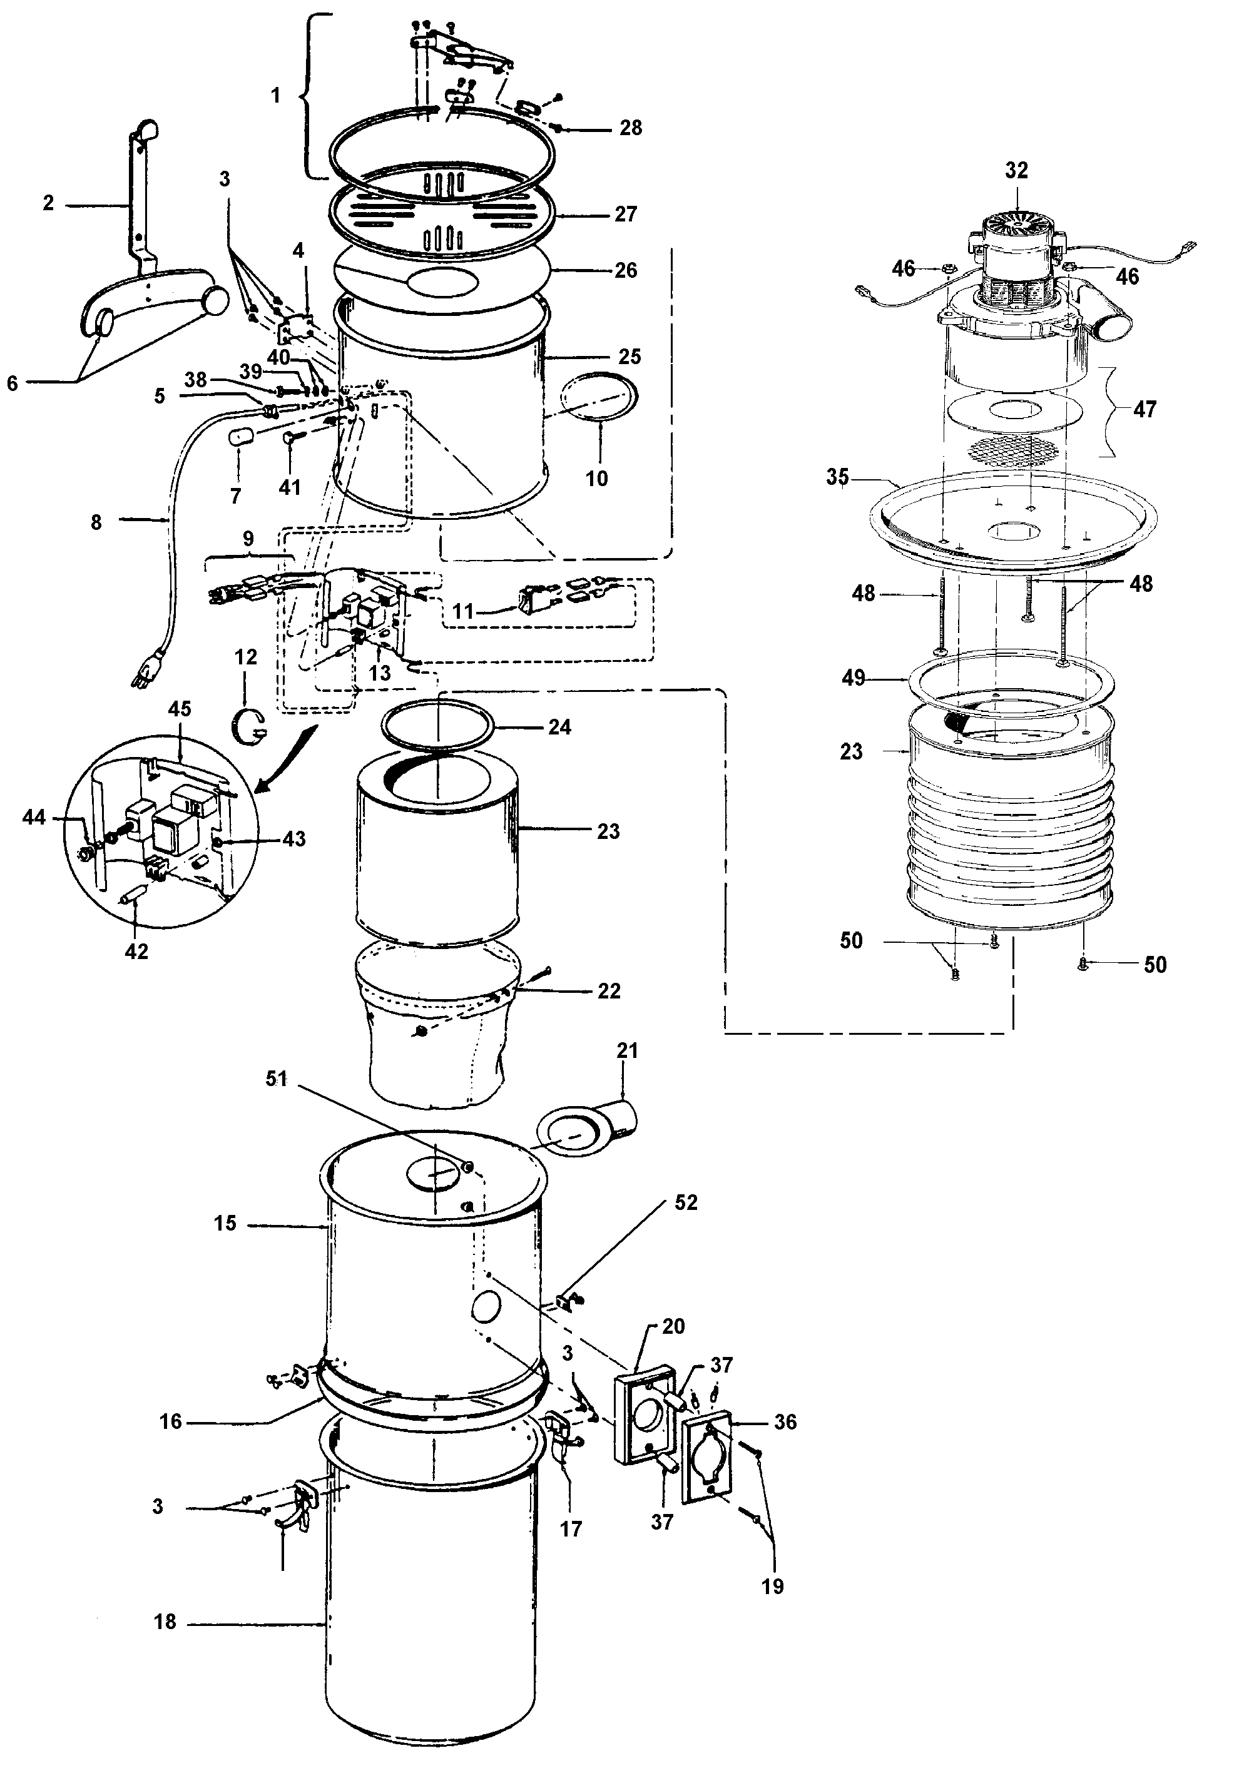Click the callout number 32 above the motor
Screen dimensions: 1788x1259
click(1016, 171)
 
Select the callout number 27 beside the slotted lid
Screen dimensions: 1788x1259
click(626, 214)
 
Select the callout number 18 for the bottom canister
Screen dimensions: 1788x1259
click(165, 1622)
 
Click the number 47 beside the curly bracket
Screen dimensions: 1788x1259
click(1144, 409)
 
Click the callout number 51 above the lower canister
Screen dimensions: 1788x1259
click(277, 1079)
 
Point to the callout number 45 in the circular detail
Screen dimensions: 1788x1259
click(179, 709)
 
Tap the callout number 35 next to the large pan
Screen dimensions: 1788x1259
click(837, 477)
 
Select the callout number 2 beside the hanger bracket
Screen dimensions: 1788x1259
click(48, 203)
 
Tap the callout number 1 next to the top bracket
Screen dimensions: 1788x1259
click(275, 96)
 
